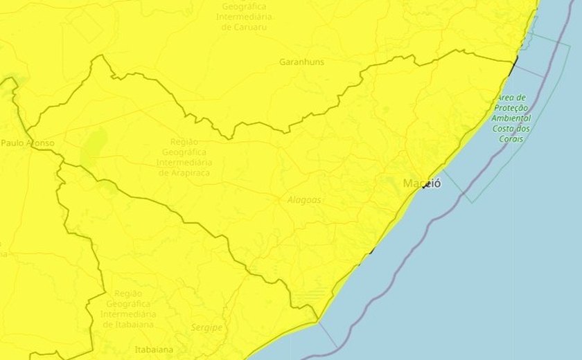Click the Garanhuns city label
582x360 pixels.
point(301,62)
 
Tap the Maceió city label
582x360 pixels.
point(421,183)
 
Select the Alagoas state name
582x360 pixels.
point(304,199)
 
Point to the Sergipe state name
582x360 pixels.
point(206,327)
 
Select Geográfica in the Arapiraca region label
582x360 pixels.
point(185,152)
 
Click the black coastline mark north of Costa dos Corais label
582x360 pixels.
point(513,66)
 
